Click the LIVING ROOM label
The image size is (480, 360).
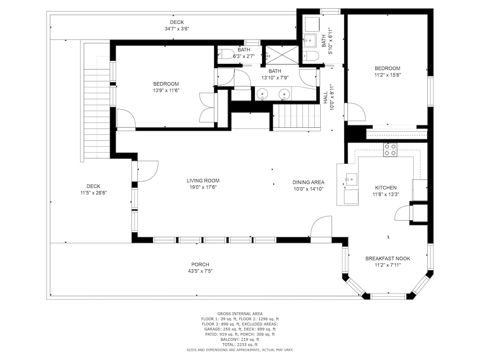click(x=203, y=180)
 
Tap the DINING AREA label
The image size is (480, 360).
click(x=308, y=182)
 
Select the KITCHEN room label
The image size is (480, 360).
click(x=386, y=188)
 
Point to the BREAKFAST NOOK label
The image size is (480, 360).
click(x=388, y=259)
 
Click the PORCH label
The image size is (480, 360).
click(x=200, y=264)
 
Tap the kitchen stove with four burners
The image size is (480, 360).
click(x=390, y=150)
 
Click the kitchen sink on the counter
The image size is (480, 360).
click(x=351, y=180)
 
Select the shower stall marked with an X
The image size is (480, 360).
click(x=282, y=55)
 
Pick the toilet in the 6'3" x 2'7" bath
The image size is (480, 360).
click(x=226, y=54)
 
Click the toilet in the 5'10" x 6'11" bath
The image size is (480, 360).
click(x=312, y=56)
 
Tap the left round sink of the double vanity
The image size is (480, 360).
click(x=263, y=94)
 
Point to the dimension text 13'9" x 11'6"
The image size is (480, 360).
click(x=166, y=91)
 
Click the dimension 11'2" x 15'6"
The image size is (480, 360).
click(x=387, y=75)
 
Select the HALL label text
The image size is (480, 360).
click(x=325, y=97)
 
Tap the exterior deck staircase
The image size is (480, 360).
click(x=97, y=114)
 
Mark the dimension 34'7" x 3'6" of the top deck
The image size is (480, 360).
click(x=177, y=29)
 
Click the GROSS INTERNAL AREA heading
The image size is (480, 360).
click(x=240, y=314)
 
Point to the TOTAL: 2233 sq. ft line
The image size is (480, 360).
click(x=240, y=345)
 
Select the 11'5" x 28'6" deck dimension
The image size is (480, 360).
click(x=94, y=193)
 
